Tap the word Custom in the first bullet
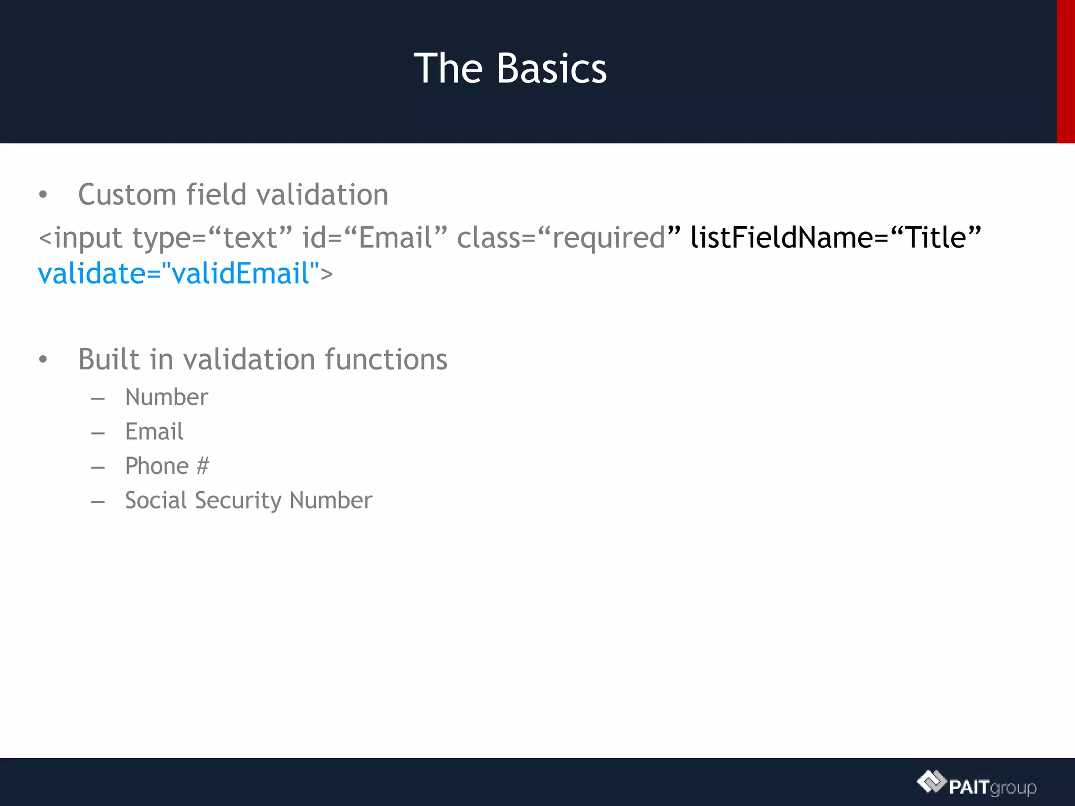pyautogui.click(x=127, y=195)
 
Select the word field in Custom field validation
pyautogui.click(x=216, y=195)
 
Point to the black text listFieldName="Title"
pyautogui.click(x=835, y=237)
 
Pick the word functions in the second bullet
pyautogui.click(x=386, y=359)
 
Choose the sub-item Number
pyautogui.click(x=166, y=397)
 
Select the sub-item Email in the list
pyautogui.click(x=154, y=432)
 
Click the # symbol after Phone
pyautogui.click(x=203, y=466)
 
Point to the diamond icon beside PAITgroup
pyautogui.click(x=931, y=782)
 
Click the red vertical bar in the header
pyautogui.click(x=1066, y=71)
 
